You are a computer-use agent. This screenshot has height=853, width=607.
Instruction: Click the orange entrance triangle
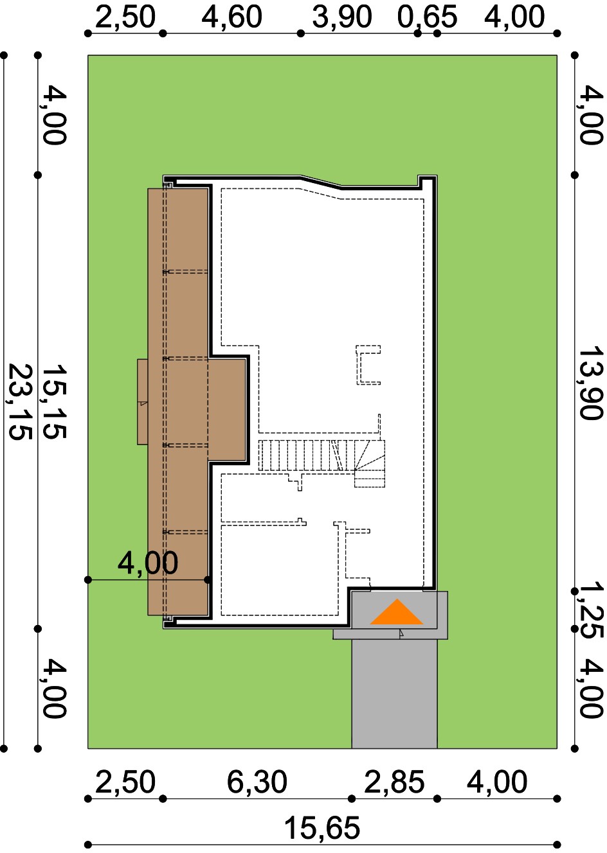click(x=397, y=612)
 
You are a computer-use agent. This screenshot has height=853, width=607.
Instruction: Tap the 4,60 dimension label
click(x=231, y=17)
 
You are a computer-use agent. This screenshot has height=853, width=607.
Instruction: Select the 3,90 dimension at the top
click(x=342, y=17)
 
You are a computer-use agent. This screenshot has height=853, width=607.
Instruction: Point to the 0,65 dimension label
click(x=427, y=17)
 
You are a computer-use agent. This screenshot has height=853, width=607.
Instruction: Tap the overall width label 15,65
click(x=322, y=828)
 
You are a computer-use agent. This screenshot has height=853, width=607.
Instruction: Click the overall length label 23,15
click(x=19, y=401)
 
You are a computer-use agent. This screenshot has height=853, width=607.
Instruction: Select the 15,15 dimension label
click(x=53, y=401)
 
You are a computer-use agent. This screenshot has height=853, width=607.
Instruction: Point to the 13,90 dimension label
click(x=591, y=382)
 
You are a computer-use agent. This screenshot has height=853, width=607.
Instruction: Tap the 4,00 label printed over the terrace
click(x=147, y=563)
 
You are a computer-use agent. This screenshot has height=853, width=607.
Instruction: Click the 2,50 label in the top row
click(x=125, y=17)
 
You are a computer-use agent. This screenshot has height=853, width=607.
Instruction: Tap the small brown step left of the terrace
click(x=142, y=401)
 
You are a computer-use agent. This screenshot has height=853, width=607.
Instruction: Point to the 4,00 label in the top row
click(x=514, y=17)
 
